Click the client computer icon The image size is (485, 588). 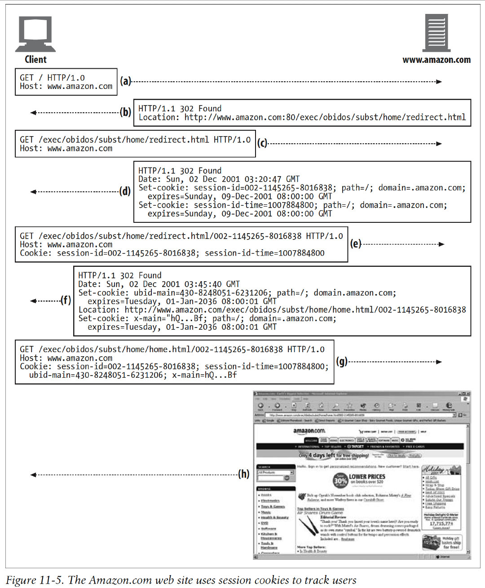pyautogui.click(x=35, y=34)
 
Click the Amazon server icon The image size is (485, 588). pyautogui.click(x=436, y=33)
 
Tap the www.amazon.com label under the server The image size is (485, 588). pyautogui.click(x=436, y=60)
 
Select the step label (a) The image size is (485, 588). pyautogui.click(x=125, y=81)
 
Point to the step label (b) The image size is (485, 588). pyautogui.click(x=125, y=112)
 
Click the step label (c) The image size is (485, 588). pyautogui.click(x=262, y=143)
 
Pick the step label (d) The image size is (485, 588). pyautogui.click(x=125, y=191)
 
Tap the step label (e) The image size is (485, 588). pyautogui.click(x=356, y=244)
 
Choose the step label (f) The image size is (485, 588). pyautogui.click(x=66, y=301)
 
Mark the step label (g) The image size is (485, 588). pyautogui.click(x=342, y=361)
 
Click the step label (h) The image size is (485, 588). pyautogui.click(x=244, y=474)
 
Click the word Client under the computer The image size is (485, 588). pyautogui.click(x=35, y=59)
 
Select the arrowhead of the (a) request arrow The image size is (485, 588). pyautogui.click(x=439, y=82)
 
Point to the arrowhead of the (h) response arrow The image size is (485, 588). pyautogui.click(x=33, y=475)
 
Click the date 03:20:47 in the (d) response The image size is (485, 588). pyautogui.click(x=263, y=179)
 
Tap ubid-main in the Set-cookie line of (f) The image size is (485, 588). pyautogui.click(x=153, y=293)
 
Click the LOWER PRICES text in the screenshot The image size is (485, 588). pyautogui.click(x=367, y=477)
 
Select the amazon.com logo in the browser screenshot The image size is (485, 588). pyautogui.click(x=309, y=431)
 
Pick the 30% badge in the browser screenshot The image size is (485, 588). pyautogui.click(x=340, y=481)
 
